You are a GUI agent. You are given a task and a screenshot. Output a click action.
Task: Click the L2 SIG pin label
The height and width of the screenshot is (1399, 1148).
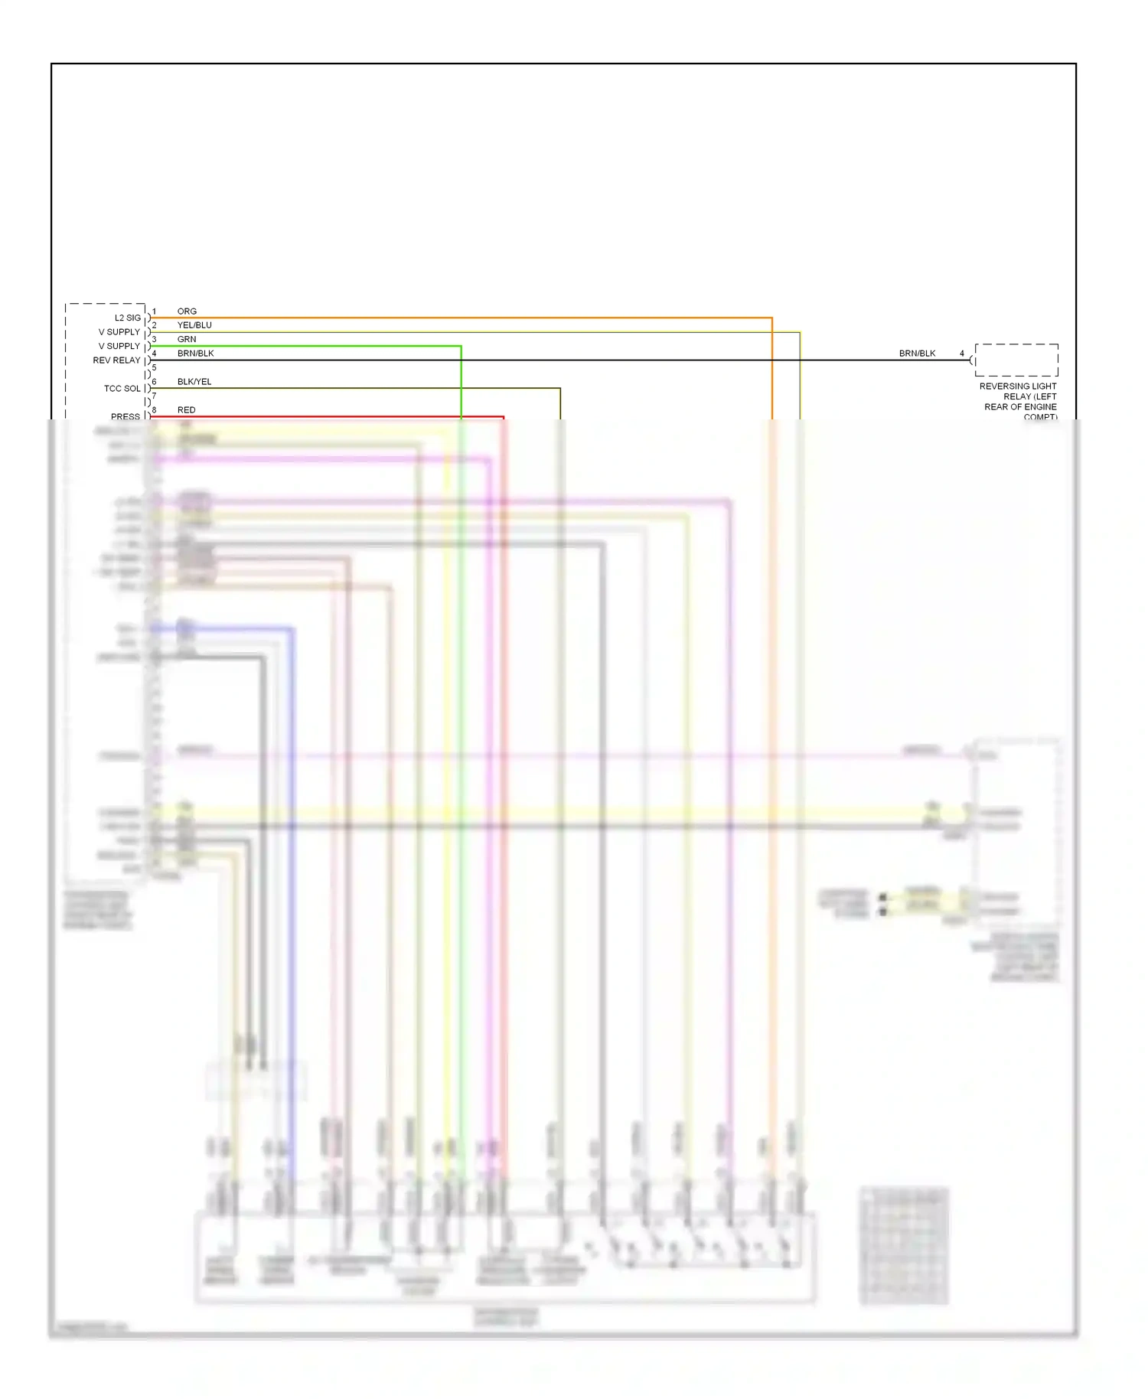128,318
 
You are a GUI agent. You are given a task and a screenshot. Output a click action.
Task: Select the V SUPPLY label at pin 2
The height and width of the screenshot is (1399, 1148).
119,332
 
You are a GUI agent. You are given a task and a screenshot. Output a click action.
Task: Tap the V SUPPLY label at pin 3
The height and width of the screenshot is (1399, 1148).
119,346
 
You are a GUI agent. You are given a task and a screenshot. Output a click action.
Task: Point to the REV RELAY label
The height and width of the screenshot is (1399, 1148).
117,360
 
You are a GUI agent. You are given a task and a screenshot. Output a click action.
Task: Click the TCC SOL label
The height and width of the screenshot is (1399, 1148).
122,389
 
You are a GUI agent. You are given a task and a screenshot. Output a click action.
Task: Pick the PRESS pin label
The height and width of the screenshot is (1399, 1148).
126,416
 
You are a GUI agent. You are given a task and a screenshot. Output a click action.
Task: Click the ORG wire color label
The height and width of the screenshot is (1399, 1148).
187,311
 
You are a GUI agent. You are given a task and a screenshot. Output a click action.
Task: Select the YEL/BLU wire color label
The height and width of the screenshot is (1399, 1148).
194,325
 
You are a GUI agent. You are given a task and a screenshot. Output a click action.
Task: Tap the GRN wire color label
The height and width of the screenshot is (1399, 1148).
187,339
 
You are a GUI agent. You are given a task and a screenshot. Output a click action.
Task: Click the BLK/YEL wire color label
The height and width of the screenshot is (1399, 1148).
194,382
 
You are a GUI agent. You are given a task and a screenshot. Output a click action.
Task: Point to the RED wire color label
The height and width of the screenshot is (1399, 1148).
187,410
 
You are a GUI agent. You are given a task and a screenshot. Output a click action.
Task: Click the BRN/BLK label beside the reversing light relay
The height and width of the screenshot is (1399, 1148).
917,354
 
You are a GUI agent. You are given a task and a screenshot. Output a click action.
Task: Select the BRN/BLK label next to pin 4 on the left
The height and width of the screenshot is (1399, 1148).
196,354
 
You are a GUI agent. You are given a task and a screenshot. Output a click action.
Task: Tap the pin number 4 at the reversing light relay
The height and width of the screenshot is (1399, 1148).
962,354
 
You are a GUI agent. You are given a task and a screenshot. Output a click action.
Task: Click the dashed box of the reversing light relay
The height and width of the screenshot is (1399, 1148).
1016,360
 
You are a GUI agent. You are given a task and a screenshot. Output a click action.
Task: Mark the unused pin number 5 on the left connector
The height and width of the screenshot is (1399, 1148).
154,367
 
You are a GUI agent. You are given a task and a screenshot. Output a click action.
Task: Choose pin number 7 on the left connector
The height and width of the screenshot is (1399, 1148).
154,396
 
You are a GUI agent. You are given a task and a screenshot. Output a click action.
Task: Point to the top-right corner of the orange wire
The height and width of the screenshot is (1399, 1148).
771,318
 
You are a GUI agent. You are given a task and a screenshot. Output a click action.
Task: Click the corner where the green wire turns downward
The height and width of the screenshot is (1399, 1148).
461,346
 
